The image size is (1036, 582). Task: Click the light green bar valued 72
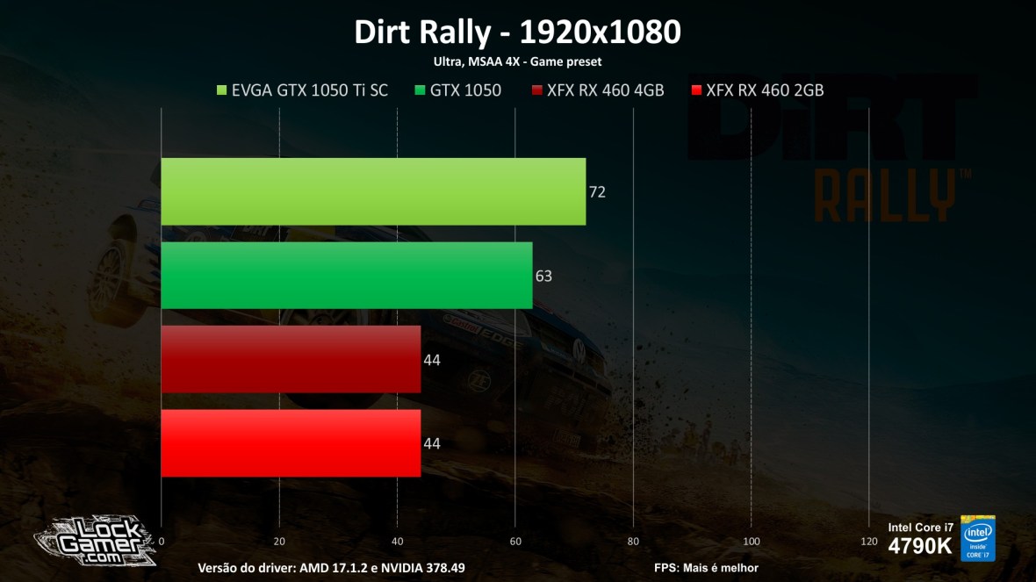click(373, 191)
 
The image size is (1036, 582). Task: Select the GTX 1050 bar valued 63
click(347, 276)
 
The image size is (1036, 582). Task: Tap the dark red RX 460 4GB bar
click(291, 359)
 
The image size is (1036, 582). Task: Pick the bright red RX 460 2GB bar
click(291, 443)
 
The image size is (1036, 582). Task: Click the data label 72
click(597, 192)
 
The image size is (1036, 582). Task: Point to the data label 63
click(543, 277)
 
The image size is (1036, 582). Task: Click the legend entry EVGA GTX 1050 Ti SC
click(301, 90)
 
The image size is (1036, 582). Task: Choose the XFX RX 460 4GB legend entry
click(597, 90)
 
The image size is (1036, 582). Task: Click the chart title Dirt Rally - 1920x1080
click(517, 32)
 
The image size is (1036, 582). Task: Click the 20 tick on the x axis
click(279, 541)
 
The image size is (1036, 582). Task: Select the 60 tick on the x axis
click(515, 541)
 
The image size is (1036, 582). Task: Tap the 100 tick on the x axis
click(752, 541)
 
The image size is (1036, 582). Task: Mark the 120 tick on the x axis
click(869, 541)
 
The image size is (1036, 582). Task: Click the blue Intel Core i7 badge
click(978, 538)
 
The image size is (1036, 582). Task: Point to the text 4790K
click(920, 546)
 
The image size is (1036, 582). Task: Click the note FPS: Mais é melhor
click(706, 568)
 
